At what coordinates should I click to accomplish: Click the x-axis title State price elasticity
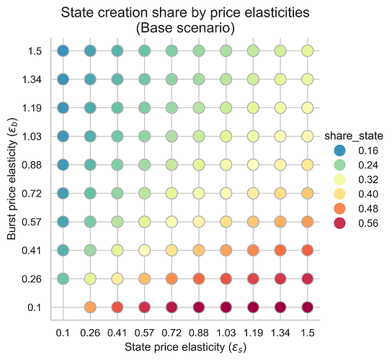[x=185, y=347]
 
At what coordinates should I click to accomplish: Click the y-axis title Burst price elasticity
[x=12, y=179]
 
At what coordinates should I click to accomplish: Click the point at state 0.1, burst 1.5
[x=63, y=51]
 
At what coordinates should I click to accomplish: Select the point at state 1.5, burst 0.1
[x=308, y=307]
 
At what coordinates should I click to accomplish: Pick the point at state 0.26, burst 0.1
[x=90, y=307]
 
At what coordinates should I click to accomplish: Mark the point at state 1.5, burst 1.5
[x=308, y=51]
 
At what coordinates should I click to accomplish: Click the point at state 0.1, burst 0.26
[x=63, y=279]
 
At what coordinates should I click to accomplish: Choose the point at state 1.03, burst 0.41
[x=226, y=250]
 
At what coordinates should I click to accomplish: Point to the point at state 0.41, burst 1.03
[x=117, y=136]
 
